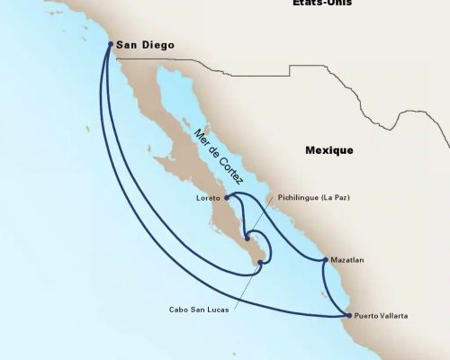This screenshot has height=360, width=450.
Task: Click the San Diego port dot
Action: coord(110,43)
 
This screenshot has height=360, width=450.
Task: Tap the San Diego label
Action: coord(146,44)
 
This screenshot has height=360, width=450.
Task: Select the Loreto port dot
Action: coord(227,196)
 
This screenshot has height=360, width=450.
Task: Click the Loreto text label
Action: coord(207,197)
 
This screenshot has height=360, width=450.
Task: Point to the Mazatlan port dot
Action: coord(324,260)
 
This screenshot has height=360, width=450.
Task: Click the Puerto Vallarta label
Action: coord(382,316)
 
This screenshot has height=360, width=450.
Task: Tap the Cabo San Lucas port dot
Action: coord(260,263)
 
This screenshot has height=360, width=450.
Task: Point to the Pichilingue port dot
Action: coord(247,238)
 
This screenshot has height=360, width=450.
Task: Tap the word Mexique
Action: coord(329,150)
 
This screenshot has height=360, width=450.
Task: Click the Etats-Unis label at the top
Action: coord(322,4)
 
